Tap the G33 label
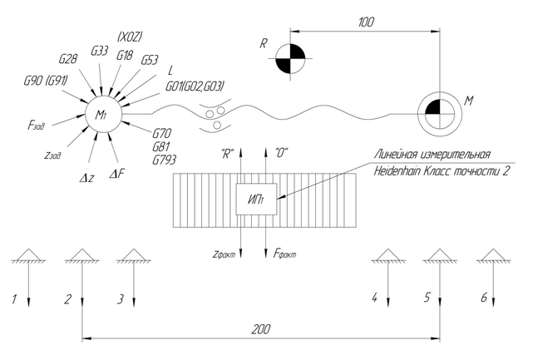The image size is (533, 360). tap(98, 51)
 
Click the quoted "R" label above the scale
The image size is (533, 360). tap(227, 154)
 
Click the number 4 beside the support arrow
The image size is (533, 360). tap(374, 297)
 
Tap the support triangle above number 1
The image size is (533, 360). tap(28, 254)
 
